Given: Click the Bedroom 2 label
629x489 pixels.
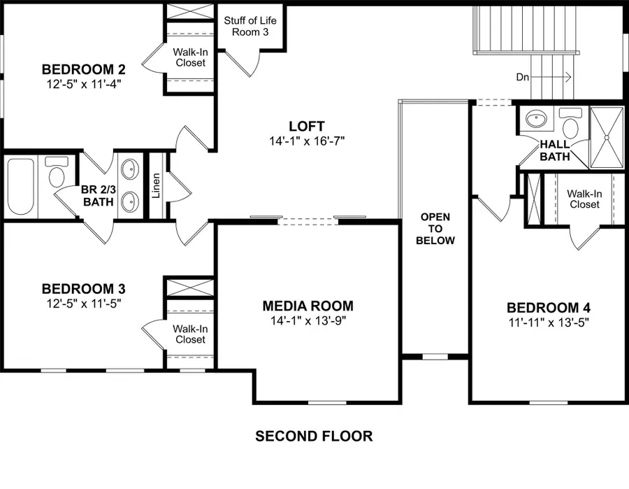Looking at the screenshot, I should tap(83, 69).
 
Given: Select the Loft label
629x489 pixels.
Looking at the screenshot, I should tap(307, 126).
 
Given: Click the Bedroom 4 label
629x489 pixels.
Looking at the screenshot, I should tap(543, 308).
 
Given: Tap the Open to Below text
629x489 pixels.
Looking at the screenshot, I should tap(435, 229).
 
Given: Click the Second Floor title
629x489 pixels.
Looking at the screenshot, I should tap(314, 437).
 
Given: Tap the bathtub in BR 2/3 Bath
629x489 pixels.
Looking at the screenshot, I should tap(22, 187).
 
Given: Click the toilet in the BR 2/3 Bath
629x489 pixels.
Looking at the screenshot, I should tap(56, 171).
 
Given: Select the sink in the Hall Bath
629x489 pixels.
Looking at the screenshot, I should tap(537, 118).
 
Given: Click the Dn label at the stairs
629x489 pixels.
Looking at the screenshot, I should tap(523, 77).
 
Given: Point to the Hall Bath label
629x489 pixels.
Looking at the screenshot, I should tap(554, 150).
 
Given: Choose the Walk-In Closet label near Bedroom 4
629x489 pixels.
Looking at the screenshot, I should tap(583, 199).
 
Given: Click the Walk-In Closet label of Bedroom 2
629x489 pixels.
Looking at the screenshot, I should tap(189, 57).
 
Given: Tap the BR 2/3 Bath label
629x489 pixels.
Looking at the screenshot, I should tap(98, 196).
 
